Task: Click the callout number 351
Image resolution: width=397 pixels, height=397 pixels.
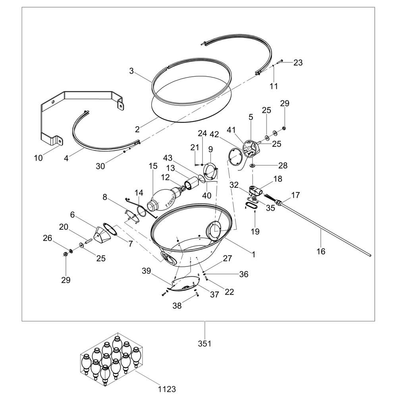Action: tap(204, 343)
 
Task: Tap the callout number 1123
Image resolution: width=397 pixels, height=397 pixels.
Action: tap(167, 389)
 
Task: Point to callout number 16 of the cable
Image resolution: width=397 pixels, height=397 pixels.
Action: tap(321, 251)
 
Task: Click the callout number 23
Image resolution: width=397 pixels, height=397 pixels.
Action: tap(298, 62)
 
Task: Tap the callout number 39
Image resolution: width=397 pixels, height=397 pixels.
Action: tap(146, 271)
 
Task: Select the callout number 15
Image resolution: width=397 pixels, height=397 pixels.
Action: tap(153, 166)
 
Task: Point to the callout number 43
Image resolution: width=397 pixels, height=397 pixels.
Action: tap(168, 158)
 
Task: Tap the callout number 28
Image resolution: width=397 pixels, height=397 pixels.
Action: tap(283, 165)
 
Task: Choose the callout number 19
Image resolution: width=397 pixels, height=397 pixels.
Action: tap(255, 231)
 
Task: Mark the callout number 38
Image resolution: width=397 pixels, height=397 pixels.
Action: tap(177, 306)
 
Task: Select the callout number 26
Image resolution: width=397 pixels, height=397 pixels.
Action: tap(48, 238)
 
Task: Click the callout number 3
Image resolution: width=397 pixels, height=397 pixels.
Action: tap(131, 71)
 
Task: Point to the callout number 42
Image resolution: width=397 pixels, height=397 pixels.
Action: tap(214, 134)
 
